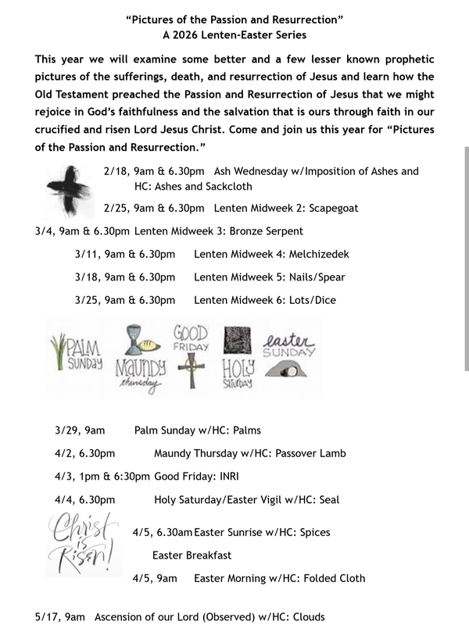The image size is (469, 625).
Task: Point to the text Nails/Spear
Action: coord(317,277)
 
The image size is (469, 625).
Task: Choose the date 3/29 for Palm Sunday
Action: coord(68,430)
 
